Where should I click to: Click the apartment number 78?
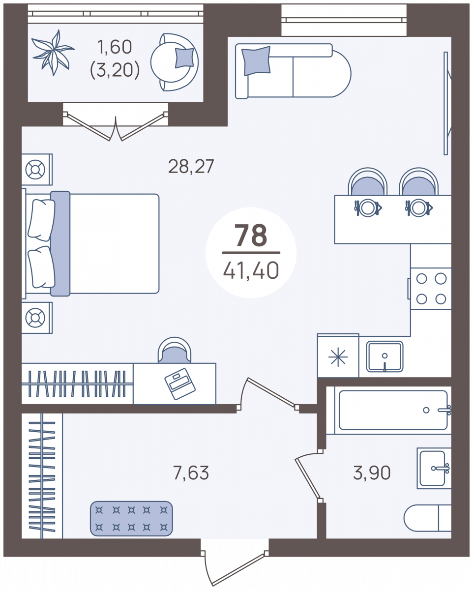click(x=251, y=235)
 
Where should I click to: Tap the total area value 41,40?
click(x=251, y=270)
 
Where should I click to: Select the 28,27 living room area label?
click(x=191, y=166)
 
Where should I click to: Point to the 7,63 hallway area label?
click(x=191, y=472)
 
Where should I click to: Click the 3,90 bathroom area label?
click(x=372, y=472)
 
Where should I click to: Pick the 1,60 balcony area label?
click(x=115, y=47)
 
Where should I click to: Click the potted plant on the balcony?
click(x=53, y=53)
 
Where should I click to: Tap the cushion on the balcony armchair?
click(x=184, y=58)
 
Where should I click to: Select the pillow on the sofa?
click(x=256, y=60)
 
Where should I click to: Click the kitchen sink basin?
click(x=384, y=356)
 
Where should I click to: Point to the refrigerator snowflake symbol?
click(x=338, y=356)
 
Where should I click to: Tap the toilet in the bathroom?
click(x=427, y=518)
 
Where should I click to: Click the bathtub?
click(x=393, y=410)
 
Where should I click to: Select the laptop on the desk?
click(x=180, y=383)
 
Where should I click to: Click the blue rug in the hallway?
click(x=131, y=518)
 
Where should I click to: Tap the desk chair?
click(x=175, y=351)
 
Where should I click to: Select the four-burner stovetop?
click(x=431, y=289)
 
